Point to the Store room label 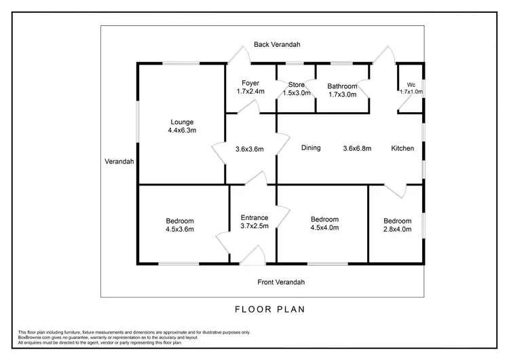pyautogui.click(x=297, y=85)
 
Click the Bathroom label pyautogui.click(x=342, y=86)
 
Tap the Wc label pyautogui.click(x=411, y=84)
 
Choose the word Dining pyautogui.click(x=311, y=148)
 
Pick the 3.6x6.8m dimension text pyautogui.click(x=357, y=148)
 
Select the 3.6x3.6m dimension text pyautogui.click(x=249, y=149)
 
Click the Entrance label pyautogui.click(x=254, y=218)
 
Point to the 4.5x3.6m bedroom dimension pyautogui.click(x=180, y=230)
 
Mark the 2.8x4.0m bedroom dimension pyautogui.click(x=397, y=230)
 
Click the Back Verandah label pyautogui.click(x=277, y=44)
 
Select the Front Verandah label pyautogui.click(x=281, y=282)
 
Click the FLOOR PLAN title pyautogui.click(x=270, y=309)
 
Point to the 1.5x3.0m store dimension pyautogui.click(x=297, y=93)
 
